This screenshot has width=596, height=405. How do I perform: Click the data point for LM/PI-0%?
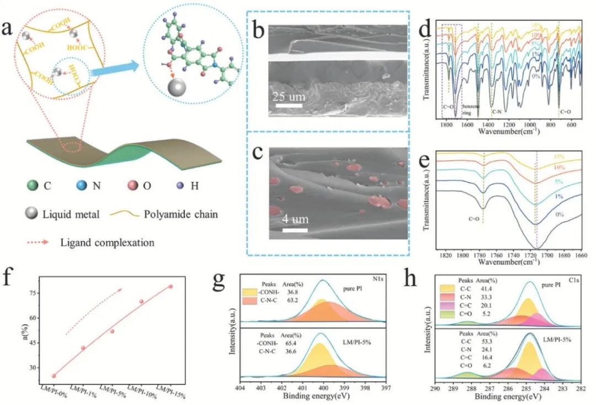click(x=54, y=376)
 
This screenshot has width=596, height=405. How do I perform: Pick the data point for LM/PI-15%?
click(x=171, y=286)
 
